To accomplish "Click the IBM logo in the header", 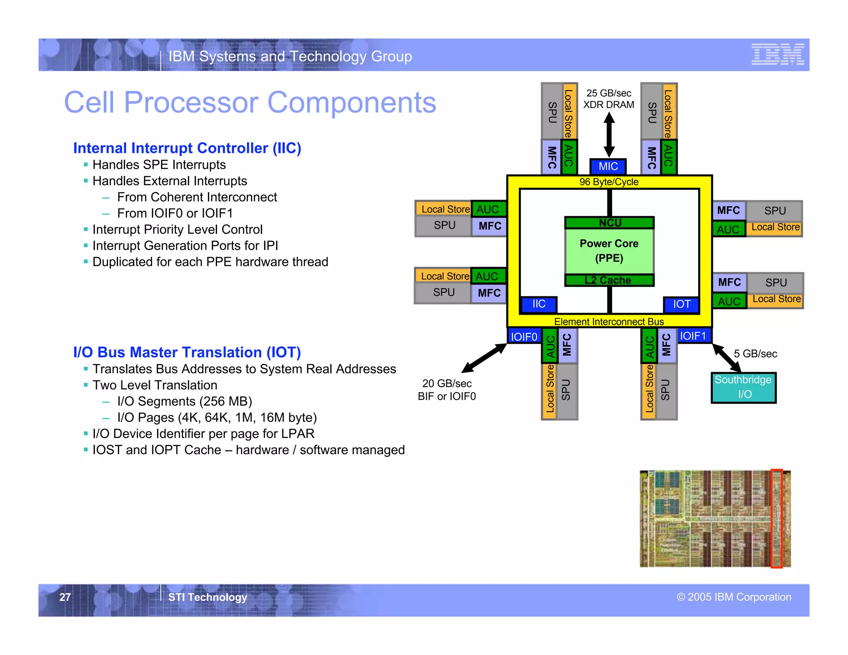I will (x=778, y=54).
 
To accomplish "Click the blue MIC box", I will (x=608, y=166).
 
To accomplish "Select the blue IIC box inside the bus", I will (x=539, y=304).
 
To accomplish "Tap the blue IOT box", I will (x=681, y=304).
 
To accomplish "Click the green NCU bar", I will (x=609, y=223).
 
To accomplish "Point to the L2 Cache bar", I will (x=609, y=280).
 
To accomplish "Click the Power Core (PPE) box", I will (x=609, y=251).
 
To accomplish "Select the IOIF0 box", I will (x=524, y=337).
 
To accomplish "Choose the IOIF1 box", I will (x=693, y=336).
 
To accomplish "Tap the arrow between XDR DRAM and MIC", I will (x=609, y=135).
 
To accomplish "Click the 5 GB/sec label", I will (x=755, y=354).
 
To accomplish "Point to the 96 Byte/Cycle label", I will (x=609, y=182).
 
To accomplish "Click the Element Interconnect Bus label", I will (x=609, y=322).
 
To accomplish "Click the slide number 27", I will (x=65, y=597).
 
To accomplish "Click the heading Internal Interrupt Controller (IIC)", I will (x=187, y=148).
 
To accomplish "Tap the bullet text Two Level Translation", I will (x=155, y=385).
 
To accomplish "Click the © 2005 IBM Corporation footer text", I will (x=734, y=597).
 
